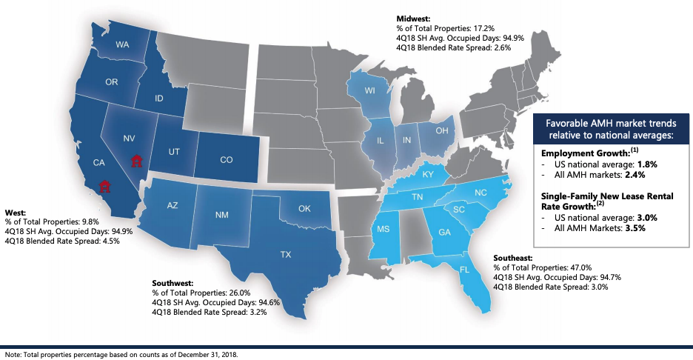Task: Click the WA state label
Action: [122, 45]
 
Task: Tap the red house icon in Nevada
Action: [135, 160]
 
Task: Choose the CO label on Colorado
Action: [227, 159]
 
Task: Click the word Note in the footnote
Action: [13, 354]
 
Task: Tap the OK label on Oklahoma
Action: [304, 208]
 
